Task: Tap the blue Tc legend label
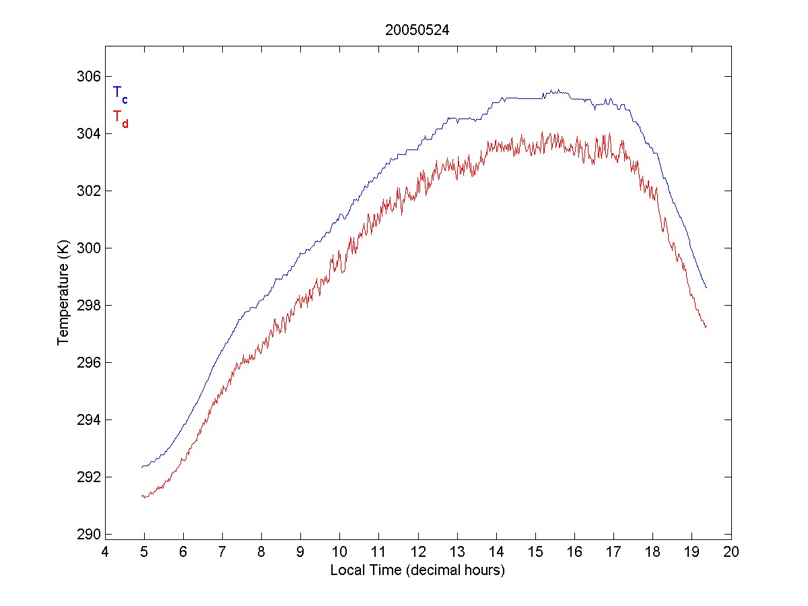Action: coord(120,94)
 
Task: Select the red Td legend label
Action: coord(120,119)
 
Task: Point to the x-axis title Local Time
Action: coord(417,570)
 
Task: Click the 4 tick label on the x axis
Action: coord(105,553)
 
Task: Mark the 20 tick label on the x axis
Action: coord(732,553)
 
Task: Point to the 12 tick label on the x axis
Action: coord(418,553)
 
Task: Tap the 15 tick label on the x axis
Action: coord(536,553)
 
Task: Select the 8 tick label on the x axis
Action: coord(262,553)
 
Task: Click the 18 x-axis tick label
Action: coord(653,553)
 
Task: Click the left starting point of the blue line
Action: coord(142,467)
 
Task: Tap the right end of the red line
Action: coord(706,327)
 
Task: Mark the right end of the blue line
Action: coord(706,288)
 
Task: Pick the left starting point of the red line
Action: coord(142,496)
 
